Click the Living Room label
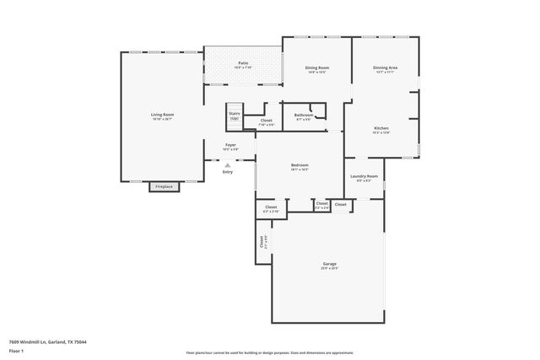[x=162, y=115]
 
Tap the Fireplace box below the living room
[x=164, y=186]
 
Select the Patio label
[x=243, y=63]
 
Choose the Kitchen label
[x=381, y=128]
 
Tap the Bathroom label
[x=304, y=115]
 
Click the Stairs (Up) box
[x=235, y=116]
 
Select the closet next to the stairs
[x=266, y=121]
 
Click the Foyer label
[x=230, y=145]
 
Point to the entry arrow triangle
[x=228, y=164]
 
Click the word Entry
[x=228, y=172]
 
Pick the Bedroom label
[x=300, y=165]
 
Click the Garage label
[x=329, y=264]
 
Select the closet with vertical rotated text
[x=262, y=241]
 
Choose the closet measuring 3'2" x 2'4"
[x=321, y=204]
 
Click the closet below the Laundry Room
[x=341, y=204]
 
